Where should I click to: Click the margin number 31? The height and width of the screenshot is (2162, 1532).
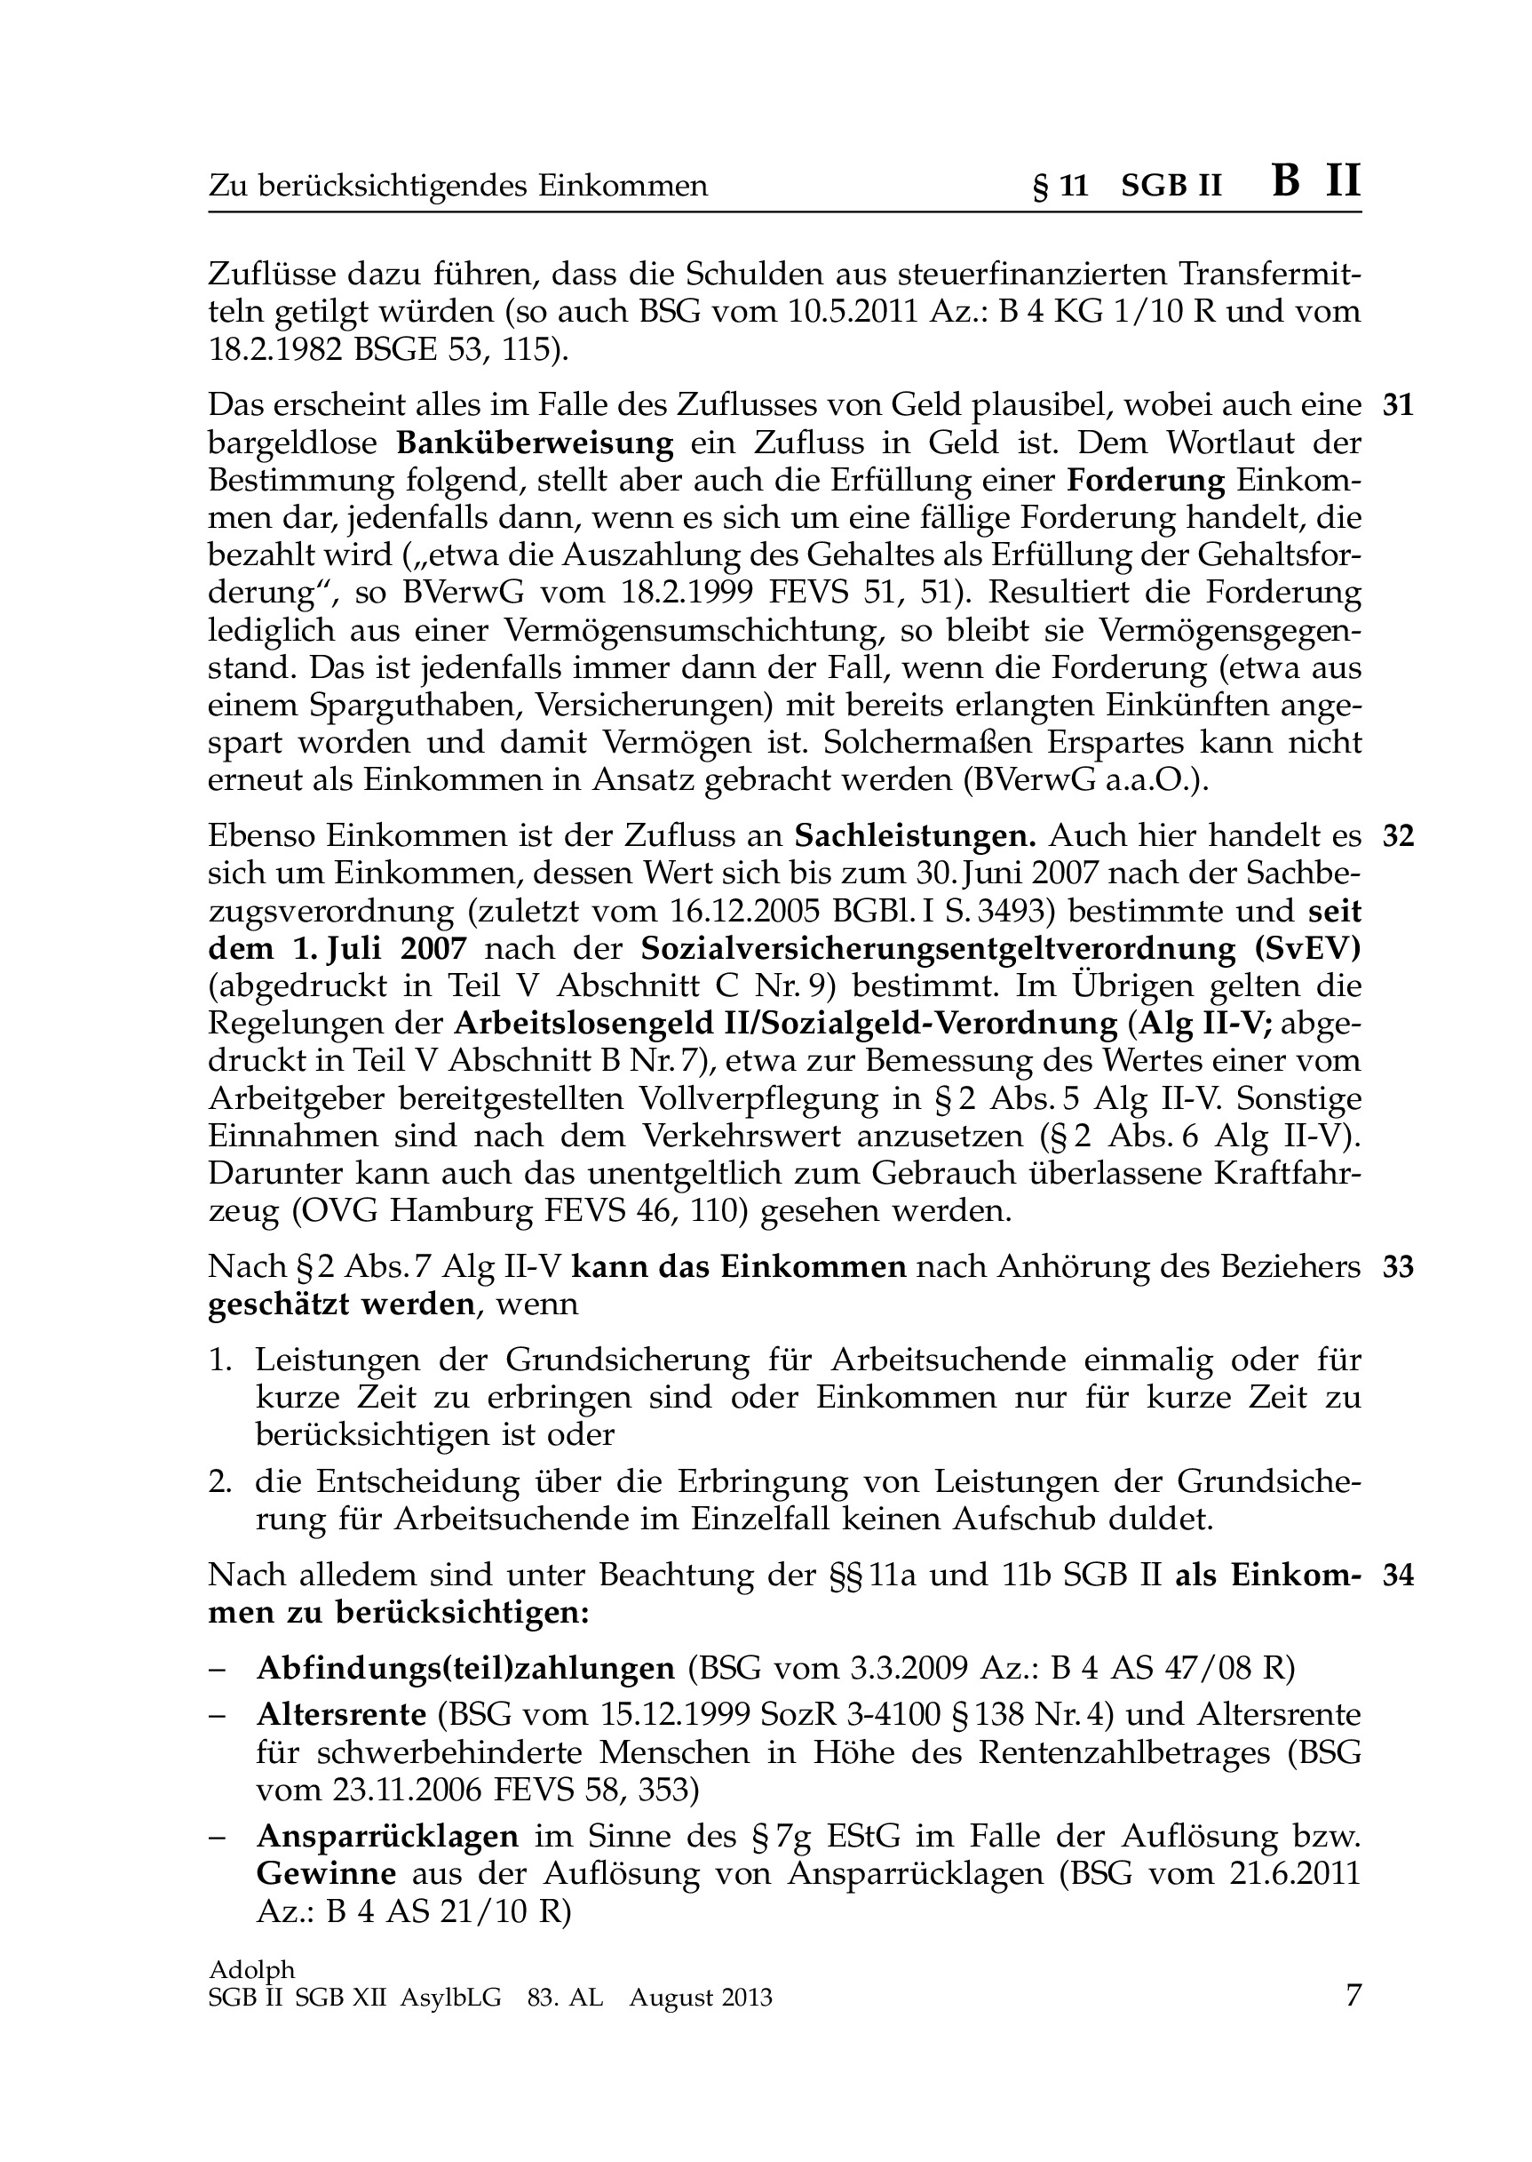pos(1398,406)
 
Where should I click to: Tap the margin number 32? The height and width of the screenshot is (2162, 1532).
pos(1398,837)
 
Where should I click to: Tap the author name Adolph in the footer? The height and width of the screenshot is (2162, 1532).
pos(251,1969)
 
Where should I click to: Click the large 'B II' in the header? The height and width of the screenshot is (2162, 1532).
pos(1316,181)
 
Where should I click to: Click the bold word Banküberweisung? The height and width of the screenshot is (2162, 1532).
pos(535,443)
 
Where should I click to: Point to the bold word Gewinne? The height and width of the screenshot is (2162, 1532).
pos(325,1873)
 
